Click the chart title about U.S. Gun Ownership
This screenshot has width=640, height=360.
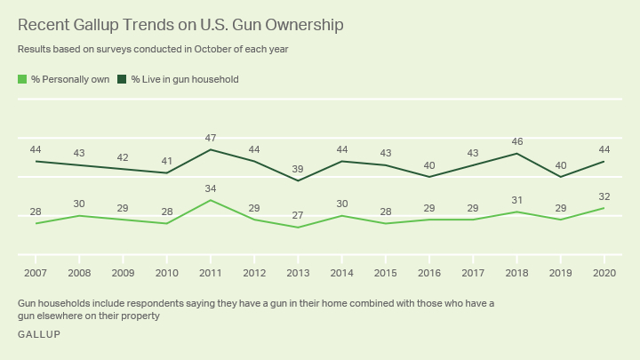click(x=180, y=25)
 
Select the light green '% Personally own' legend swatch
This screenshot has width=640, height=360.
click(x=22, y=79)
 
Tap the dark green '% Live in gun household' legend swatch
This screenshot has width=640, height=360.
click(x=123, y=79)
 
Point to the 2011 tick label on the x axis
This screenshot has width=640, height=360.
click(x=210, y=271)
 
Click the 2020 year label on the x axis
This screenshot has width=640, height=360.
click(x=604, y=271)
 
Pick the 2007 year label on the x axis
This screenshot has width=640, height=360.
click(x=36, y=271)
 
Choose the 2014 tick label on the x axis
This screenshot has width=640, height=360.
click(x=341, y=271)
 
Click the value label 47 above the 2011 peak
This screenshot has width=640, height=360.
click(x=210, y=138)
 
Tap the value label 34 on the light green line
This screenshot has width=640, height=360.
click(x=210, y=188)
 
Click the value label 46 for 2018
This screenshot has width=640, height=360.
click(x=517, y=141)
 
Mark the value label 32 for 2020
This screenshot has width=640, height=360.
click(x=604, y=196)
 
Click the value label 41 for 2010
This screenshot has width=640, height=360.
click(x=166, y=161)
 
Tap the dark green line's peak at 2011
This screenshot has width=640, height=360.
click(x=210, y=149)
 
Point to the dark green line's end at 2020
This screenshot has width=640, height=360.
click(x=604, y=161)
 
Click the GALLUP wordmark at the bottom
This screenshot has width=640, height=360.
click(x=39, y=334)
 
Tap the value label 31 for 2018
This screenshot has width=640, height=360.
click(x=517, y=200)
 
